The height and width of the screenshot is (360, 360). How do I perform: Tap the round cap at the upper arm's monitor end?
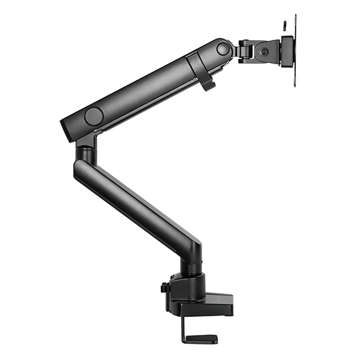pos(223,48)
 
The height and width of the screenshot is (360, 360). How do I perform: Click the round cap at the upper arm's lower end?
pos(94,116)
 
